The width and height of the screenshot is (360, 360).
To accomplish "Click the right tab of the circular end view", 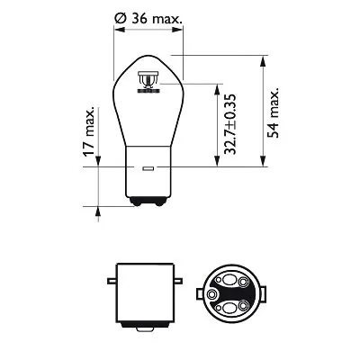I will click(x=271, y=290).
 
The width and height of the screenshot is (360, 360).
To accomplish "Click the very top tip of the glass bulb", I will click(x=148, y=56).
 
